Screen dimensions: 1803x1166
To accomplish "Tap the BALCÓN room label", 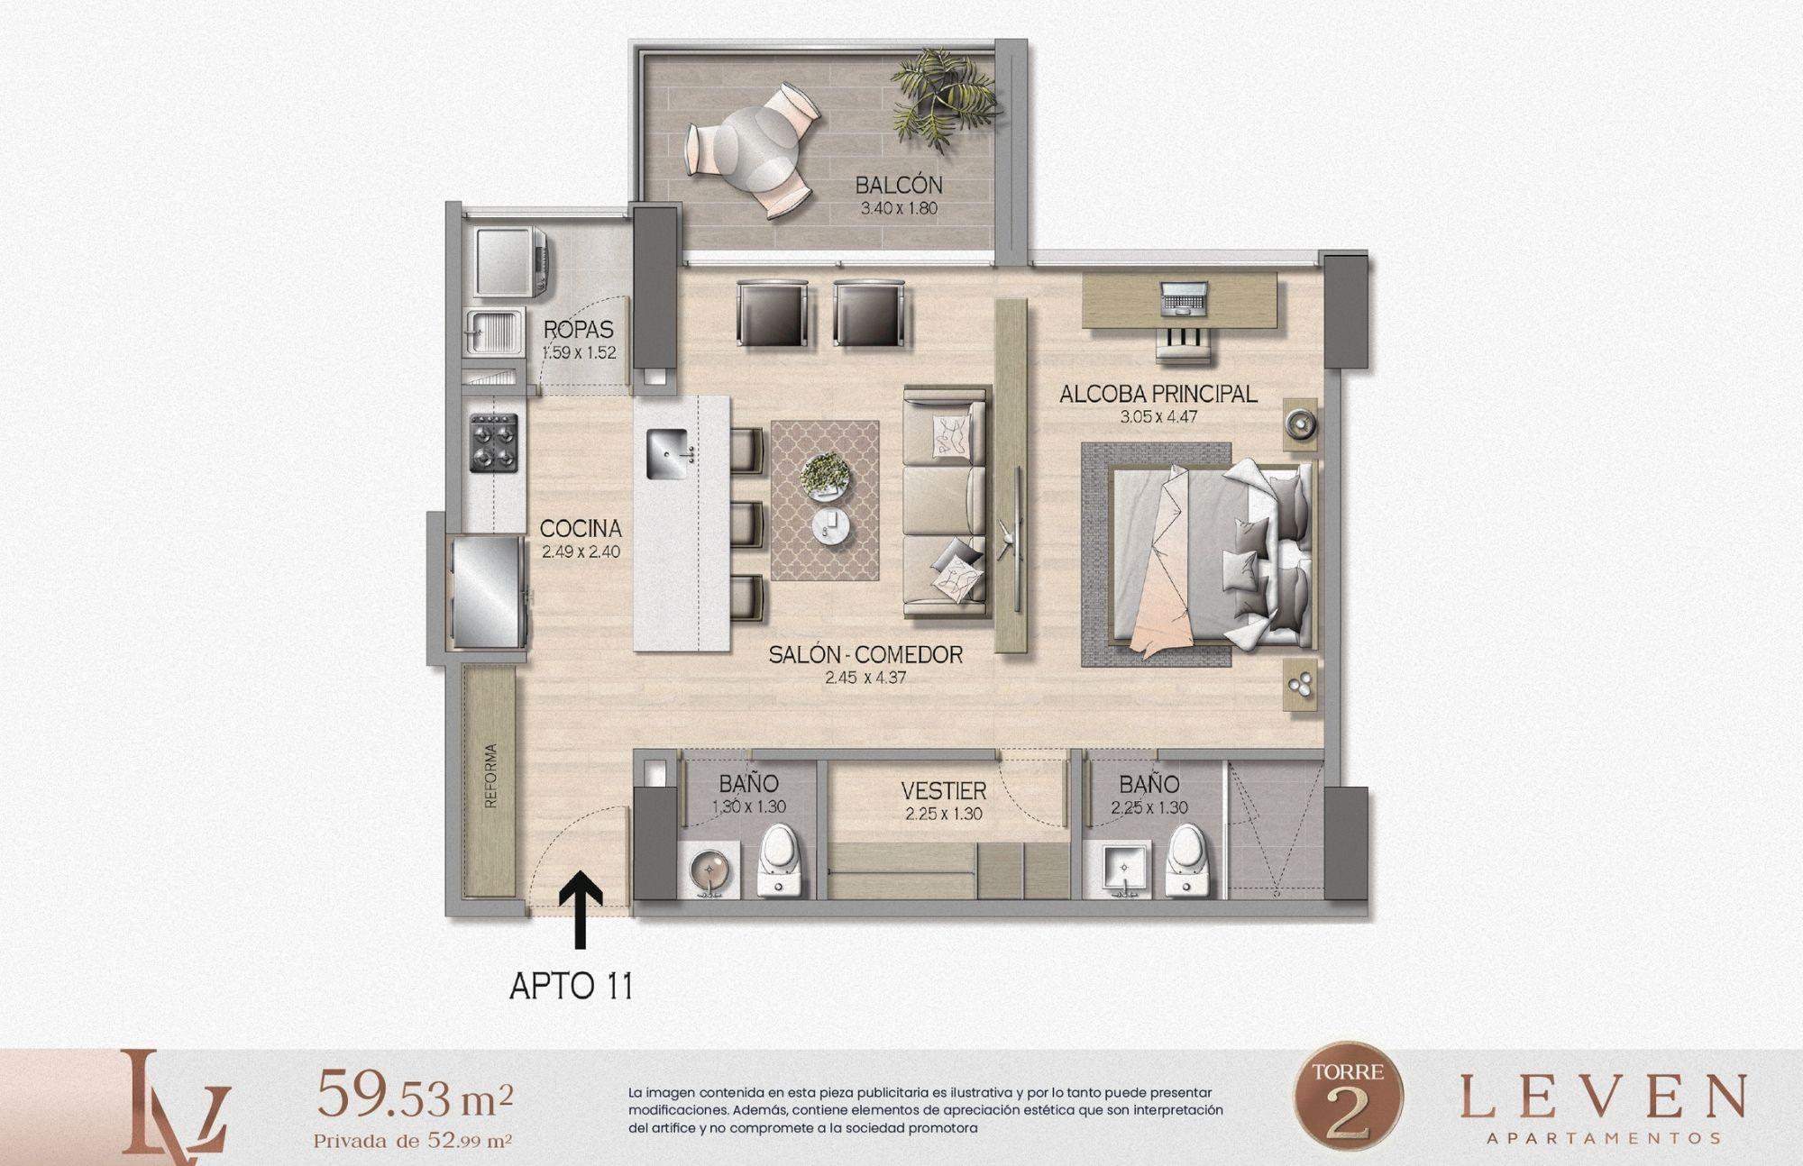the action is [899, 186].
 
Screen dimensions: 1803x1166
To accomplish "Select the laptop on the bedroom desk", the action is [1183, 297].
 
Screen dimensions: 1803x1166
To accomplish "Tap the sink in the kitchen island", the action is [669, 455].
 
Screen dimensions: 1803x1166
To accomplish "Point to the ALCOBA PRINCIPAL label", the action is [1158, 394].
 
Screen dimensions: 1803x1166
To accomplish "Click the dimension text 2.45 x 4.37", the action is [865, 677].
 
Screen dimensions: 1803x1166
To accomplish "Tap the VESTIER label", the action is [944, 791].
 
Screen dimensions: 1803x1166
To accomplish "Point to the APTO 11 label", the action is [571, 986].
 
